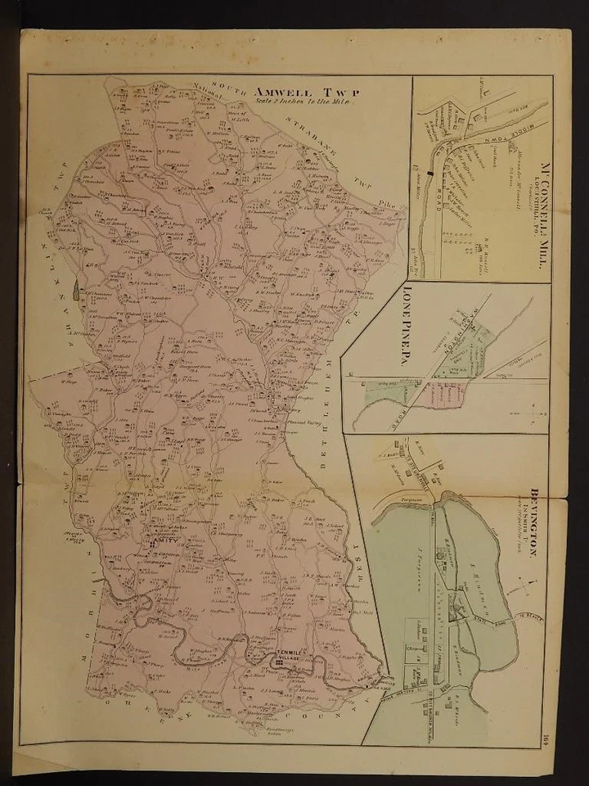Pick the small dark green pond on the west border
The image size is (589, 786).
coord(76,287)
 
